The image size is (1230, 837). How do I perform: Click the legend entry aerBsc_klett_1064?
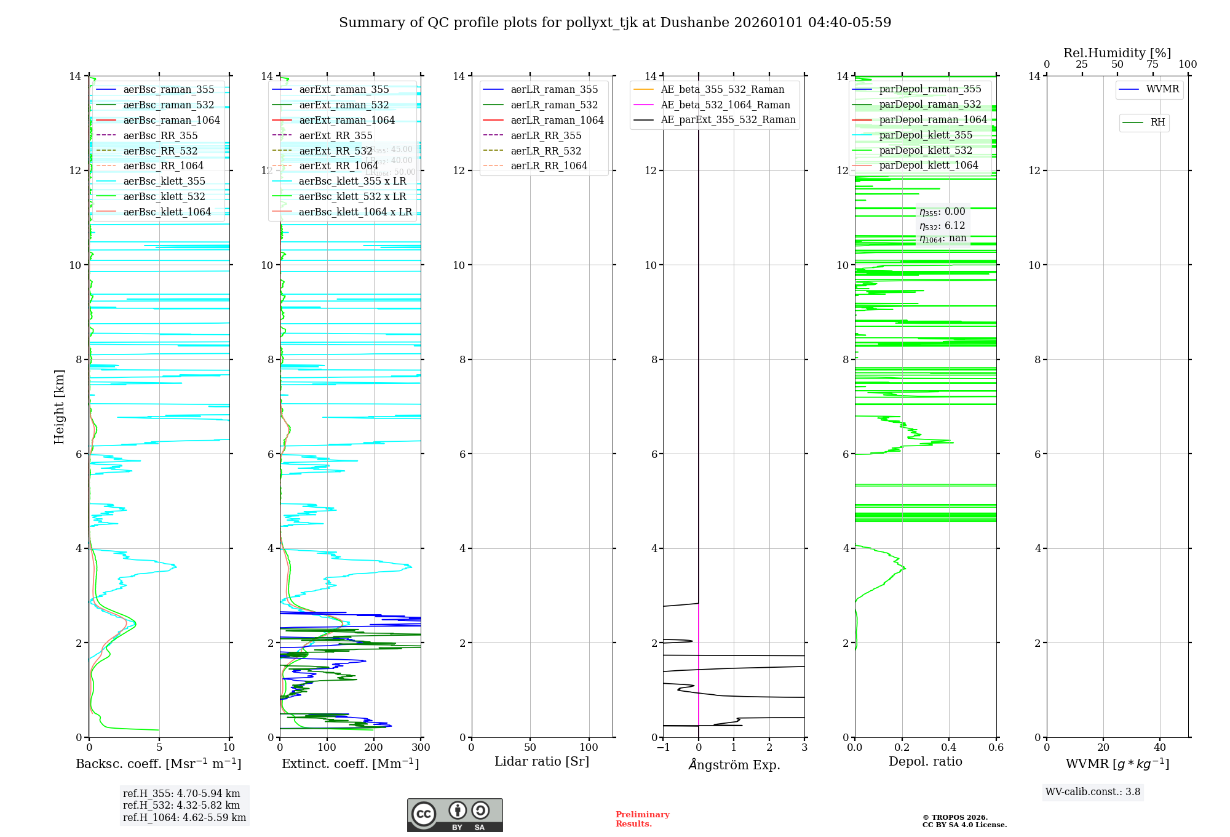tap(167, 212)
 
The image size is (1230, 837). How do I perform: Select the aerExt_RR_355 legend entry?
tap(335, 135)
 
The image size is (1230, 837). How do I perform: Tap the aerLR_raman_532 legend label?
tap(553, 105)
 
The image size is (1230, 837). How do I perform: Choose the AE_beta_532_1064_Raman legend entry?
tap(725, 105)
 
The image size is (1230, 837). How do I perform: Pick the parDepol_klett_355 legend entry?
tap(925, 135)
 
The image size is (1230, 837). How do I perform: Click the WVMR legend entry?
tap(1162, 89)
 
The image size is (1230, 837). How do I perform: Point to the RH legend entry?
tap(1157, 122)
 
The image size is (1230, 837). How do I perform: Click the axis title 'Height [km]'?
tap(59, 406)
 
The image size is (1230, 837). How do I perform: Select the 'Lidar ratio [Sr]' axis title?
tap(541, 761)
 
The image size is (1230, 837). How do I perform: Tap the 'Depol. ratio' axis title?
tap(925, 761)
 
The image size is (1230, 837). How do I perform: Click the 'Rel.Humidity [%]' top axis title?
tap(1117, 53)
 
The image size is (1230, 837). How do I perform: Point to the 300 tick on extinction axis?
tap(421, 747)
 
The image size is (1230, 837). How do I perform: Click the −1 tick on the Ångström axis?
tap(662, 747)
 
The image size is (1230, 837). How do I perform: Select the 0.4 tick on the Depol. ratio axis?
tap(949, 747)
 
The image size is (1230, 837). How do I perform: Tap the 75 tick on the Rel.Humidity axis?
tap(1153, 64)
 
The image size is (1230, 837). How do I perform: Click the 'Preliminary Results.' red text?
tap(642, 819)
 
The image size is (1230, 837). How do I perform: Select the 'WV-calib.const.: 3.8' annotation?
tap(1092, 791)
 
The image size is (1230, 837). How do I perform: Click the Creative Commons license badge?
tap(454, 815)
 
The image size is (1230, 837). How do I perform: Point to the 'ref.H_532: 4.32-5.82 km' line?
tap(181, 805)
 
